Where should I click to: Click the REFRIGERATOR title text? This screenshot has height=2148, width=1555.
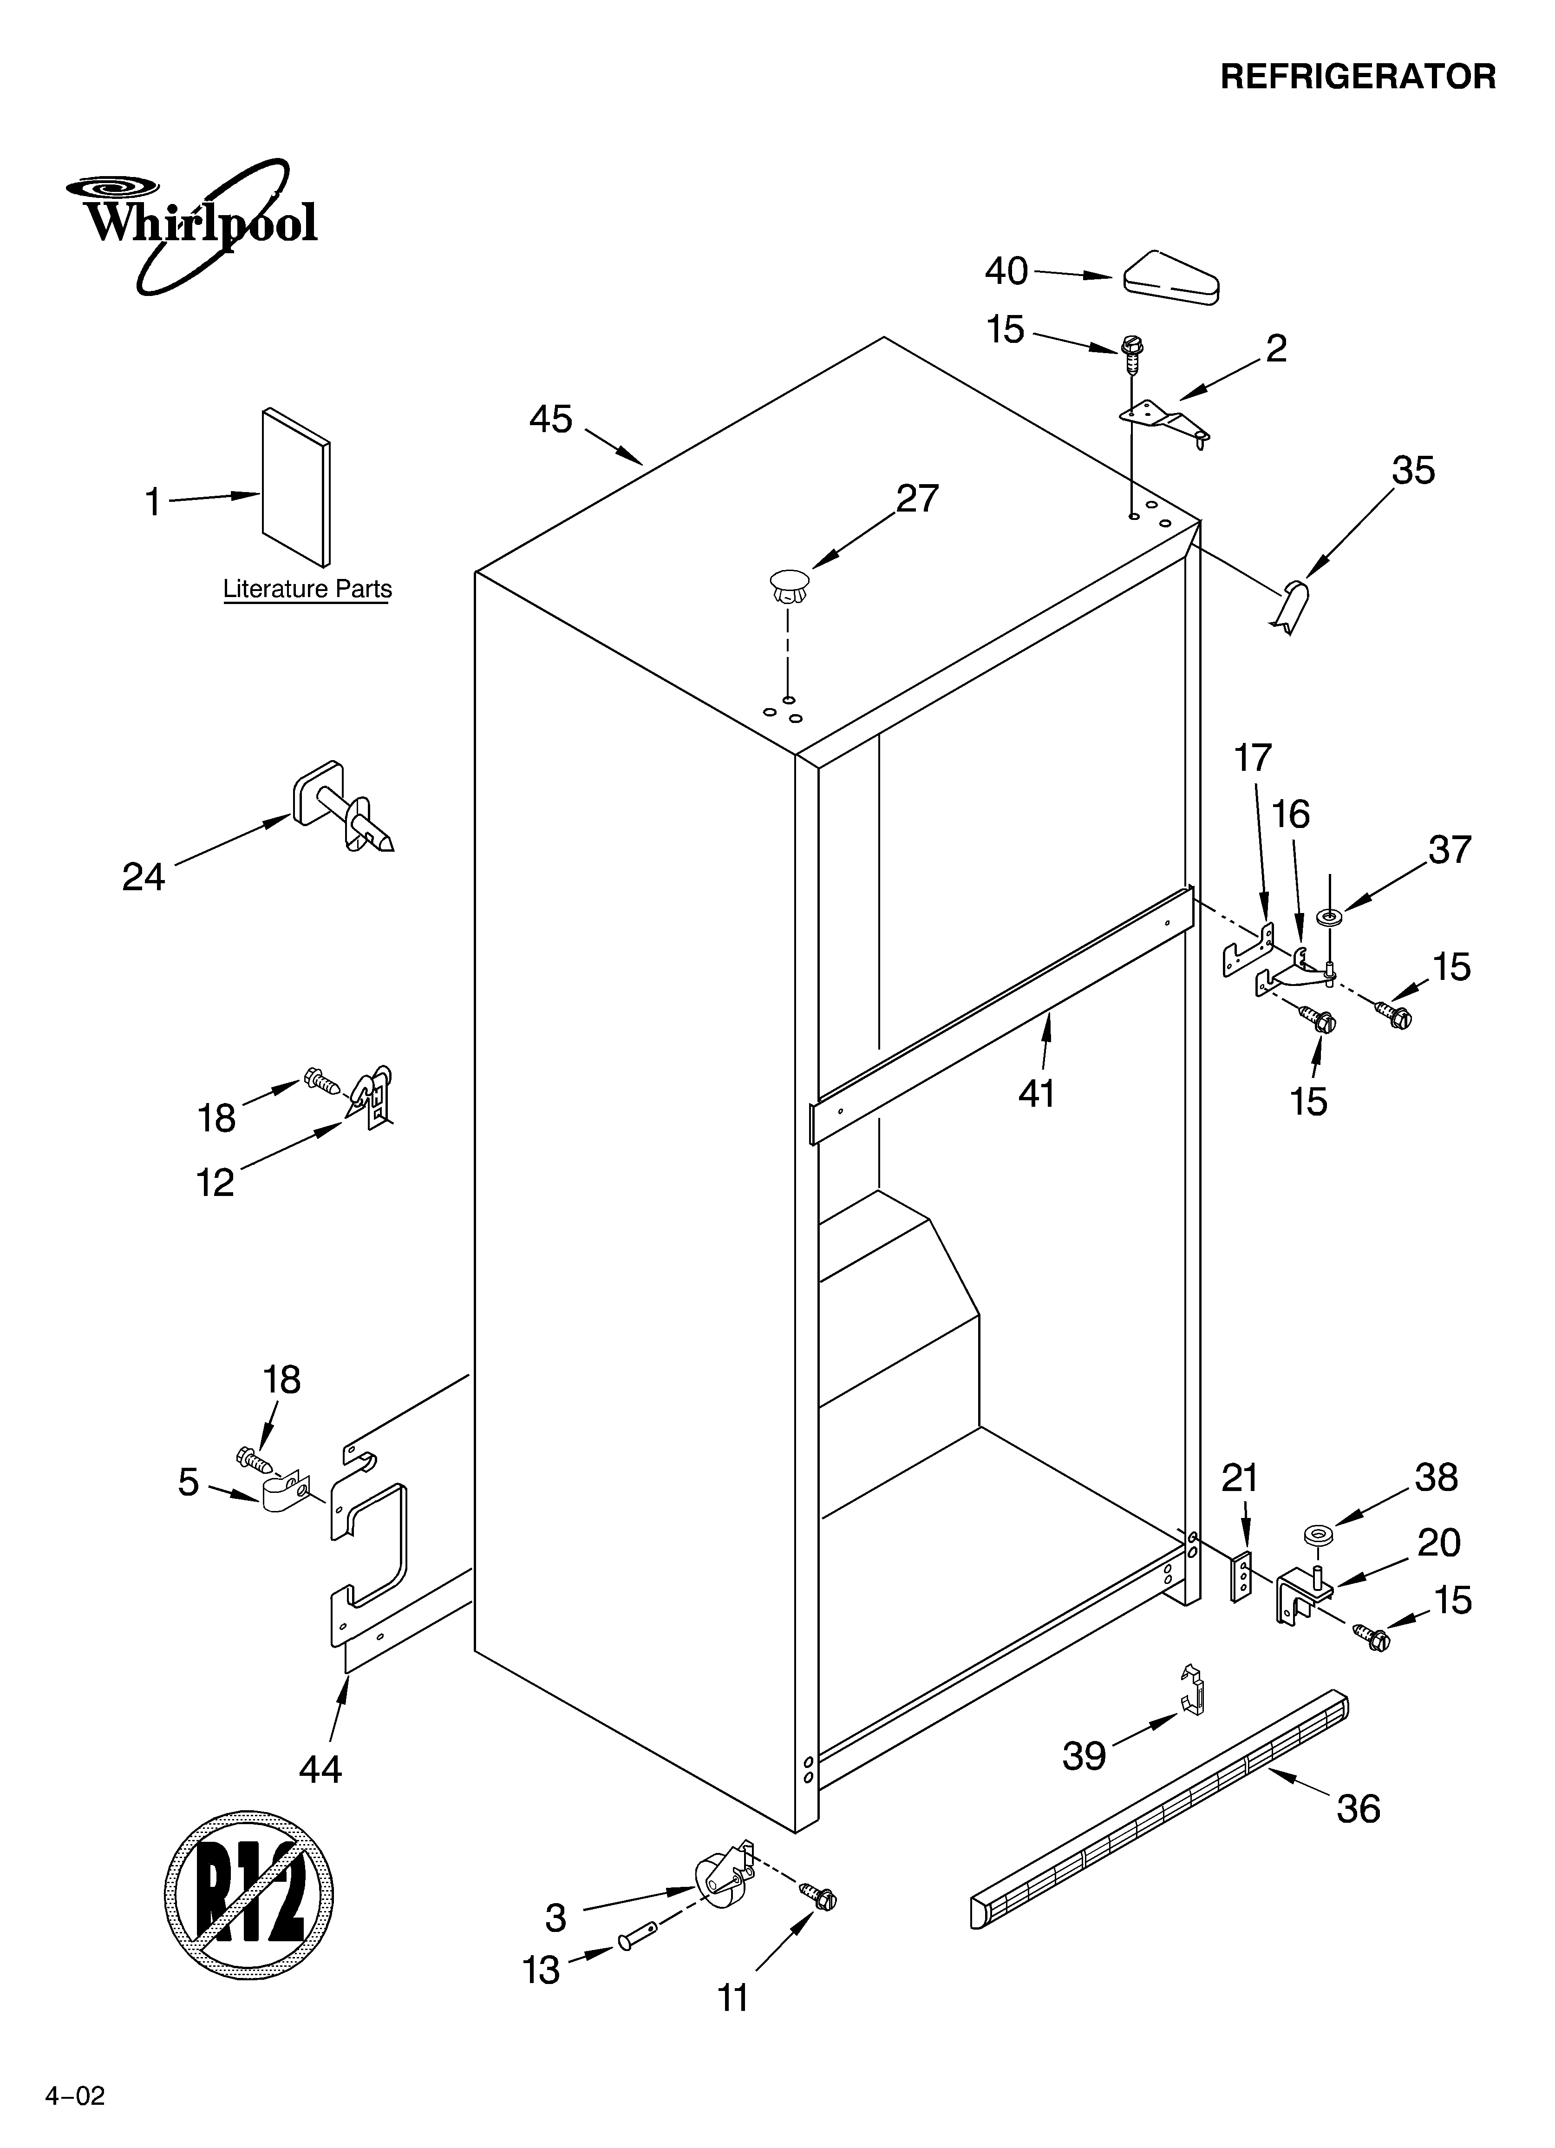pyautogui.click(x=1357, y=77)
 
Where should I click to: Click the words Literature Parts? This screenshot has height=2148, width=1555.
pyautogui.click(x=307, y=589)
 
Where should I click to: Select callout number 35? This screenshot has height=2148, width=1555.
pyautogui.click(x=1413, y=471)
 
